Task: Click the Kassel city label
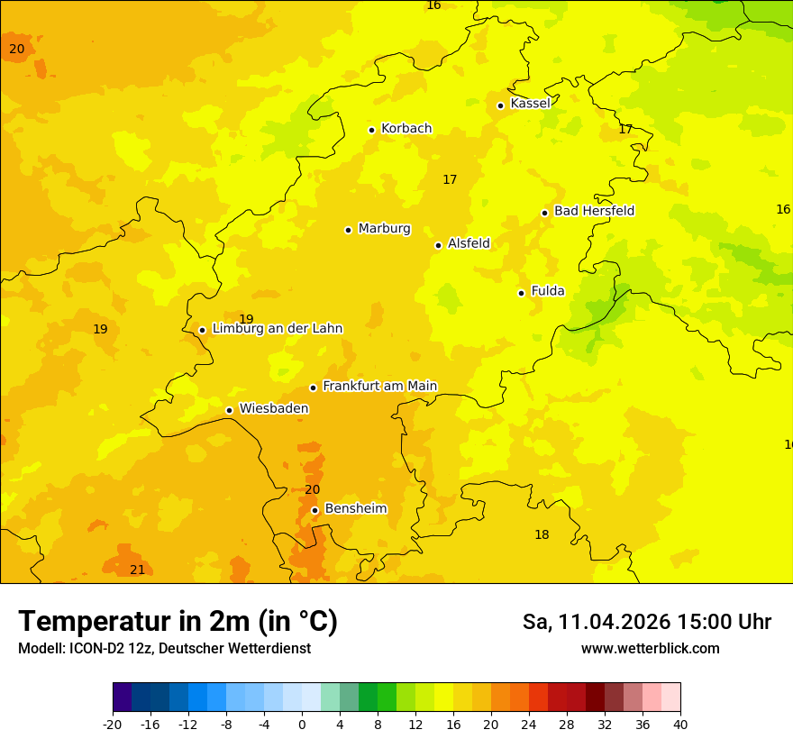pyautogui.click(x=530, y=104)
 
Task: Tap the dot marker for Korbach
pyautogui.click(x=371, y=130)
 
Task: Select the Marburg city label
pyautogui.click(x=384, y=229)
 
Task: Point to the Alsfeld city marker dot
pyautogui.click(x=438, y=245)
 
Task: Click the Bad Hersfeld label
pyautogui.click(x=594, y=211)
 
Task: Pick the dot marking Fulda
pyautogui.click(x=521, y=293)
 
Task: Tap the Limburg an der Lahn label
pyautogui.click(x=277, y=329)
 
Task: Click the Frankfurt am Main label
pyautogui.click(x=379, y=386)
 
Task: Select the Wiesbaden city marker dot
pyautogui.click(x=229, y=410)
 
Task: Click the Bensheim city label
pyautogui.click(x=355, y=508)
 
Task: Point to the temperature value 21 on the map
pyautogui.click(x=137, y=570)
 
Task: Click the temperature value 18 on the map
pyautogui.click(x=542, y=534)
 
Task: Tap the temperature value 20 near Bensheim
pyautogui.click(x=312, y=489)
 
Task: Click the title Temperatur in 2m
pyautogui.click(x=178, y=621)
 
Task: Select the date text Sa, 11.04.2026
pyautogui.click(x=596, y=622)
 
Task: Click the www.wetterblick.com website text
pyautogui.click(x=650, y=649)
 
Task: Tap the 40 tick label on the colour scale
pyautogui.click(x=680, y=724)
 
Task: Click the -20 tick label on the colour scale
pyautogui.click(x=113, y=724)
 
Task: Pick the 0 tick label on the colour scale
pyautogui.click(x=302, y=724)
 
